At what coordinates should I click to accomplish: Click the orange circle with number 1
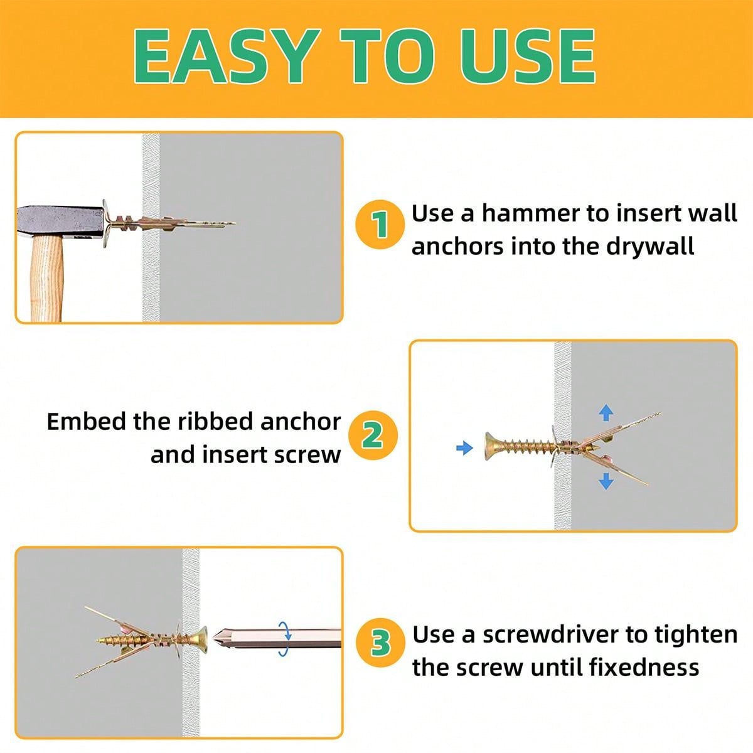[x=378, y=225]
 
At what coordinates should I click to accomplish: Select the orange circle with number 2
[x=373, y=435]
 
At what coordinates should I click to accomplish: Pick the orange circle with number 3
[x=380, y=644]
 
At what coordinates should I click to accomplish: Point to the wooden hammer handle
[x=47, y=282]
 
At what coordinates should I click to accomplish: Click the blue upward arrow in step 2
[x=606, y=412]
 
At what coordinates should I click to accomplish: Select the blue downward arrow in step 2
[x=606, y=481]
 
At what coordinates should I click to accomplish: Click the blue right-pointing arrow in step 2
[x=464, y=448]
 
